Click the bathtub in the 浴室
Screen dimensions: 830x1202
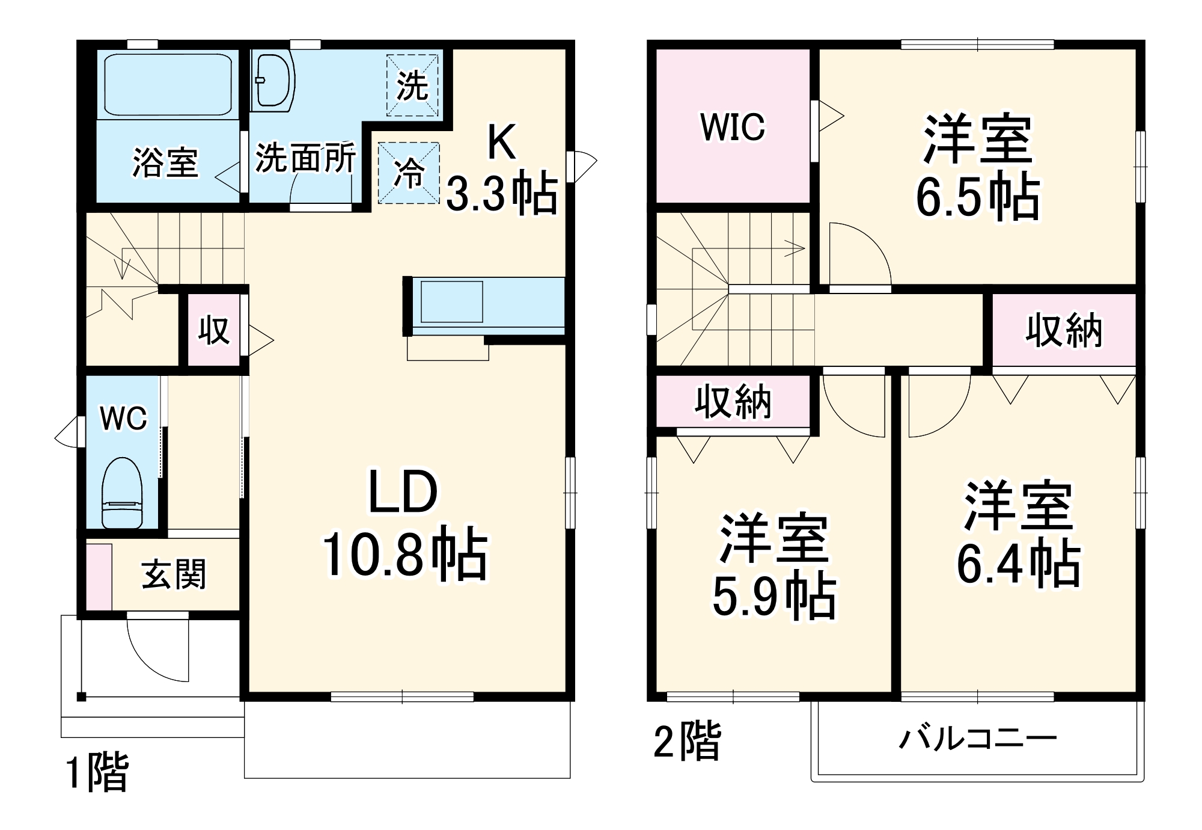168,85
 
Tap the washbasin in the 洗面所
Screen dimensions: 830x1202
273,82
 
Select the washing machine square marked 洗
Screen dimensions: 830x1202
412,85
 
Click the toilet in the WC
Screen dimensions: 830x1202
122,493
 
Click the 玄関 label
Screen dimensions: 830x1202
174,574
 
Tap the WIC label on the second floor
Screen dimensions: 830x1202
733,127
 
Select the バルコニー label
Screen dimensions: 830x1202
977,739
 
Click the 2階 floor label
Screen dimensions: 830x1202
687,741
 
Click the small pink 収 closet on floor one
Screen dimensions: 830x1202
214,330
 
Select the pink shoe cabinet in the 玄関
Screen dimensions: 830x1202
99,576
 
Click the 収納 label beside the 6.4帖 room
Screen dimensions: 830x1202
1064,330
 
